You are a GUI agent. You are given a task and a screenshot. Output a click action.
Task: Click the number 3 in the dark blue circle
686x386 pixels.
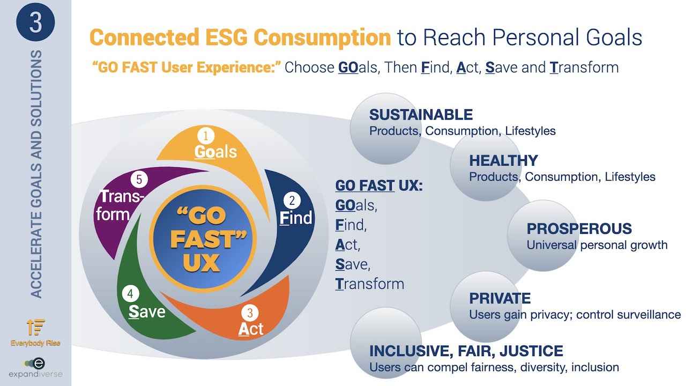(x=35, y=23)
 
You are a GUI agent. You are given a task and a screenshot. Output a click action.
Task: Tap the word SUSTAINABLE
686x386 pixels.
(x=421, y=115)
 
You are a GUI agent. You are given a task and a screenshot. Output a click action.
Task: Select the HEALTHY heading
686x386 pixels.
(x=503, y=160)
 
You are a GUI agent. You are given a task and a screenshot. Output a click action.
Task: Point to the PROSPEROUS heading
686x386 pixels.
(x=579, y=228)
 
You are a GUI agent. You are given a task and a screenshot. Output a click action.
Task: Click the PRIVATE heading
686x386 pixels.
(x=500, y=299)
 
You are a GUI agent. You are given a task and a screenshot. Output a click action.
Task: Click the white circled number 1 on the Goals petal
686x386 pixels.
(x=206, y=136)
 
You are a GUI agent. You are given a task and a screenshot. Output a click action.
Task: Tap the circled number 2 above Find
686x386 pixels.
(x=292, y=201)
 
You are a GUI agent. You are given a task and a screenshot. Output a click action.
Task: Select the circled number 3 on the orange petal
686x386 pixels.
(x=250, y=313)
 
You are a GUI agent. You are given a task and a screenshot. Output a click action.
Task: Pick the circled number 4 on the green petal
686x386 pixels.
(x=130, y=294)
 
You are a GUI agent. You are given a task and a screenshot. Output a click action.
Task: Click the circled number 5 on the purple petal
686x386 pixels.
(x=139, y=180)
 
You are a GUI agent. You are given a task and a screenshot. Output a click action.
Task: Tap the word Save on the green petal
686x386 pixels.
(x=147, y=312)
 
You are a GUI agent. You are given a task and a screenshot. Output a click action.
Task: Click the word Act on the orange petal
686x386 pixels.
(x=250, y=329)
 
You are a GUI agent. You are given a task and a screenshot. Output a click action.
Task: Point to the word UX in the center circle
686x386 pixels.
(x=202, y=263)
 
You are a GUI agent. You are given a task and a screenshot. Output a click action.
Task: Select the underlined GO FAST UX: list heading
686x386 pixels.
(x=379, y=185)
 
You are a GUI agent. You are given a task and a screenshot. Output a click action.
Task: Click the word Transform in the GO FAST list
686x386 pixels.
(x=370, y=284)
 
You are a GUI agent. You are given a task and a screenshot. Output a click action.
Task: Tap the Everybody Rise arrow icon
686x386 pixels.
(x=36, y=327)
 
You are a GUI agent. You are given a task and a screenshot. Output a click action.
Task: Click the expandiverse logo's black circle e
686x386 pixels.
(x=39, y=363)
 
